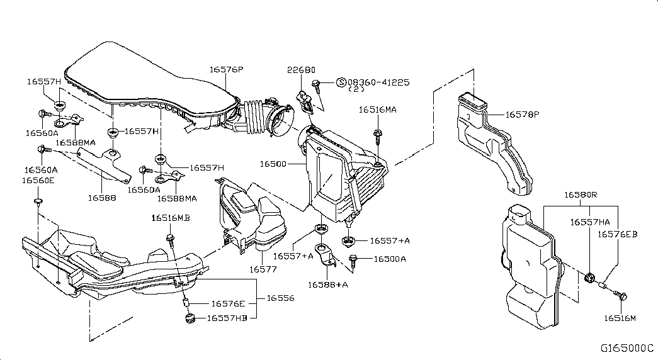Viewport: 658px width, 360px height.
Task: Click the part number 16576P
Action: [226, 69]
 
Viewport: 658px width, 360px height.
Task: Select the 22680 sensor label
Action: [301, 70]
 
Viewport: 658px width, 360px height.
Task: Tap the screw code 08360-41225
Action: [378, 82]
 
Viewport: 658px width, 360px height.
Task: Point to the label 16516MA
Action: [377, 110]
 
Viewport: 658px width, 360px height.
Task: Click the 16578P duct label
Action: [522, 114]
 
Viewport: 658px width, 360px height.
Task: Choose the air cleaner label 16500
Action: [273, 164]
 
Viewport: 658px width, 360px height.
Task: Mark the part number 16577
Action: [263, 269]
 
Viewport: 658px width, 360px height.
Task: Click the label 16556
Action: [280, 298]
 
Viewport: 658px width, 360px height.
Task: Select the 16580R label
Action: [581, 195]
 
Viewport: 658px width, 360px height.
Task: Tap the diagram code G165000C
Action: [627, 348]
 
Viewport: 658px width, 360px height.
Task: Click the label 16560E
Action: [38, 181]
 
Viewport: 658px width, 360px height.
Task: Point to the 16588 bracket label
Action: [102, 197]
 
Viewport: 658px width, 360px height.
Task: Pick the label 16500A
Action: [389, 259]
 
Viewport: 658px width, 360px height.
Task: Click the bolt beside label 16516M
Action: [620, 295]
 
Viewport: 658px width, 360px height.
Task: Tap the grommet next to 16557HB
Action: [191, 318]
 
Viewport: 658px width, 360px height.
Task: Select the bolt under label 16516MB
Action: [171, 239]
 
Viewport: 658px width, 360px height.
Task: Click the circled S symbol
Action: [341, 82]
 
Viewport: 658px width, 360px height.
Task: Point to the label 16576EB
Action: [617, 234]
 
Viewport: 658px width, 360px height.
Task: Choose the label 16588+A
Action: [328, 285]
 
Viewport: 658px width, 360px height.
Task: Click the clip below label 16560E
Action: [38, 203]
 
